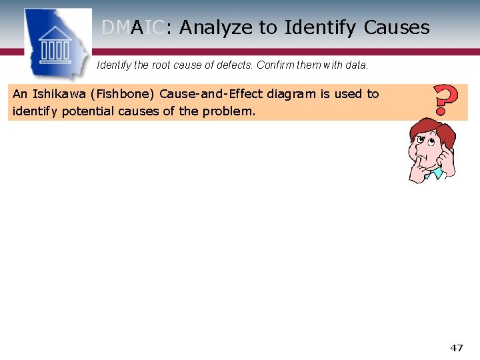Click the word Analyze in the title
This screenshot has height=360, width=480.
tap(216, 28)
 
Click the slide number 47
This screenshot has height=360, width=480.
tap(457, 347)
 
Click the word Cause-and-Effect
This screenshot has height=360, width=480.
tap(209, 94)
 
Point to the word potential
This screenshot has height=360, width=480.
tap(86, 111)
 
